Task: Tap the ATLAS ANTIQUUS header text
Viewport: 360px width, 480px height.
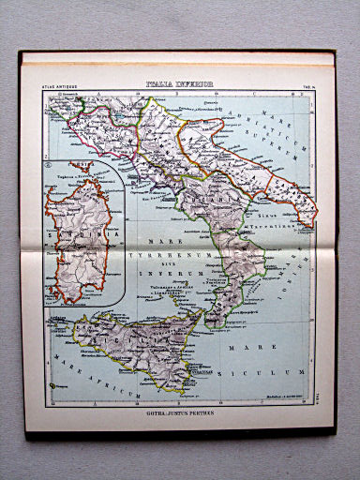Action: tap(57, 87)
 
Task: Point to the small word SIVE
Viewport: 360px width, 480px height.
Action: tap(169, 264)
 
